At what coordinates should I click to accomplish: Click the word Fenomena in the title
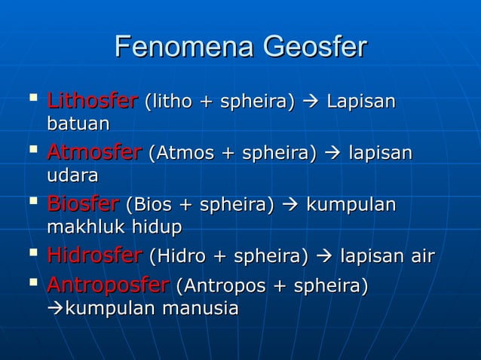coord(184,49)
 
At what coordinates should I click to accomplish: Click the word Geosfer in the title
coord(314,49)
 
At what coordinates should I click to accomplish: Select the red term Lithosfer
coord(92,101)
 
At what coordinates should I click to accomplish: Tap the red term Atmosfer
coord(94,153)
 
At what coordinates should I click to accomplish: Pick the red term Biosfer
coord(83,204)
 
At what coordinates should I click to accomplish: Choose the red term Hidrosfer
coord(94,256)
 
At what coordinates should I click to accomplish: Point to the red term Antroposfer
coord(108,286)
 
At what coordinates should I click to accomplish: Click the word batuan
coord(78,123)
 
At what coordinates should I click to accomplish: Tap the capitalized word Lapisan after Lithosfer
coord(360,102)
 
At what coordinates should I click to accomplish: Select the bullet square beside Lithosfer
coord(30,98)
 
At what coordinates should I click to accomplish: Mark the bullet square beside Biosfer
coord(30,201)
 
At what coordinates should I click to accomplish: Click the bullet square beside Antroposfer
coord(30,283)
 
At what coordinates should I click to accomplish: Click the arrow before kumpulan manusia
coord(55,309)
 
